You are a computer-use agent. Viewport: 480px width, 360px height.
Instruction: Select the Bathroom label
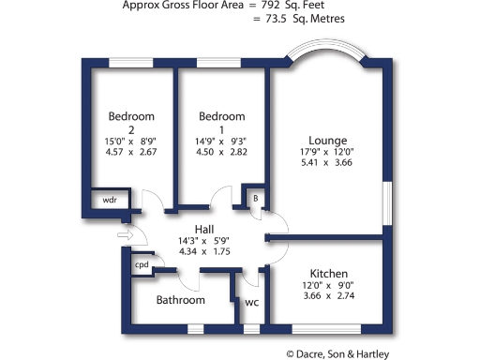click(x=181, y=300)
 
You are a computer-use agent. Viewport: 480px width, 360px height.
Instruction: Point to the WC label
click(x=251, y=303)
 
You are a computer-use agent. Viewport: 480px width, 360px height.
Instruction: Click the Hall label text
click(x=203, y=229)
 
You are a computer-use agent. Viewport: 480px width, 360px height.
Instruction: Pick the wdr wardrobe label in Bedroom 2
click(x=110, y=201)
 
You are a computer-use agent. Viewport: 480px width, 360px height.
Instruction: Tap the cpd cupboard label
click(x=142, y=264)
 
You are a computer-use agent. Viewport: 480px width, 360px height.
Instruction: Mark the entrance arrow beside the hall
click(x=123, y=234)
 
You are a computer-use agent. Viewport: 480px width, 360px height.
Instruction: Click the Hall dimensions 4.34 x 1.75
click(x=203, y=251)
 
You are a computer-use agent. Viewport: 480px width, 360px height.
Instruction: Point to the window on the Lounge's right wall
click(x=386, y=205)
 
